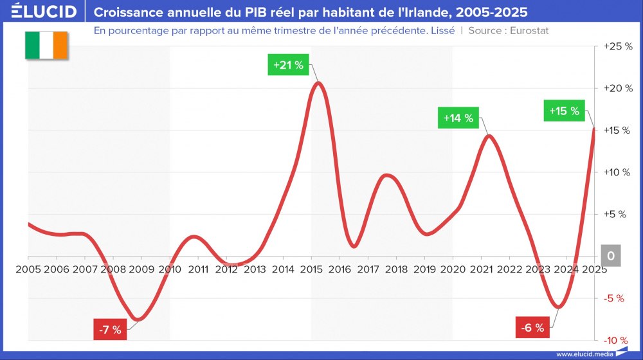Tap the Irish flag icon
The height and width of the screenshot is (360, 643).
46,45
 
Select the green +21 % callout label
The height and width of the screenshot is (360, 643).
288,66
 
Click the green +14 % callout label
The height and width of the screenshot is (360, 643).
458,118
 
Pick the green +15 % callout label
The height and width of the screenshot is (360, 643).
564,111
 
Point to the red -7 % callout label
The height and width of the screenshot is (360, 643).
109,330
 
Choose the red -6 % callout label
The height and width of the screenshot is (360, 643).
532,328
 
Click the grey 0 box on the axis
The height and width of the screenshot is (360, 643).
611,256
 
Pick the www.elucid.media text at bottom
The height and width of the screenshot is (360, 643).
584,354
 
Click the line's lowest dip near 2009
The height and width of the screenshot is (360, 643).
138,319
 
